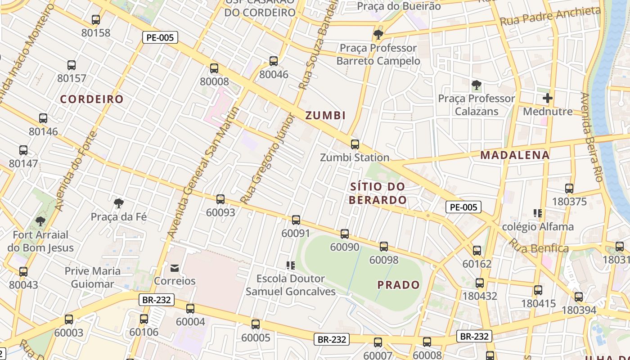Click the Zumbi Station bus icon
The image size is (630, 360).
(355, 144)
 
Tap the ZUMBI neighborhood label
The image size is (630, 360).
(325, 116)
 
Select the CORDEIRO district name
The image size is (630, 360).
(92, 99)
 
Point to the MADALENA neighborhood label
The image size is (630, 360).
(515, 155)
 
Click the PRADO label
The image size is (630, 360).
(398, 285)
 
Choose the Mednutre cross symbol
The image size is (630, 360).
(547, 98)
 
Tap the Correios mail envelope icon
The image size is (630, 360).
(175, 268)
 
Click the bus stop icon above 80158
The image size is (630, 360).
(95, 20)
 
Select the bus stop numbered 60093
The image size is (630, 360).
(220, 199)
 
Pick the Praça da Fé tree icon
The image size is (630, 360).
(119, 203)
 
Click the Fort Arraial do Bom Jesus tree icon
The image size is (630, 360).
(40, 221)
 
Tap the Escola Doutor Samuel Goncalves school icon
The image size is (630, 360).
(291, 265)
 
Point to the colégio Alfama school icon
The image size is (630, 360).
(537, 213)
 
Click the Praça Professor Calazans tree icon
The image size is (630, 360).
(476, 85)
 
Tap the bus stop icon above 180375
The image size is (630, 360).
(569, 189)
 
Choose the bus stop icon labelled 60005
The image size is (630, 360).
(256, 324)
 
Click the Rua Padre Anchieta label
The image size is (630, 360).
(550, 16)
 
